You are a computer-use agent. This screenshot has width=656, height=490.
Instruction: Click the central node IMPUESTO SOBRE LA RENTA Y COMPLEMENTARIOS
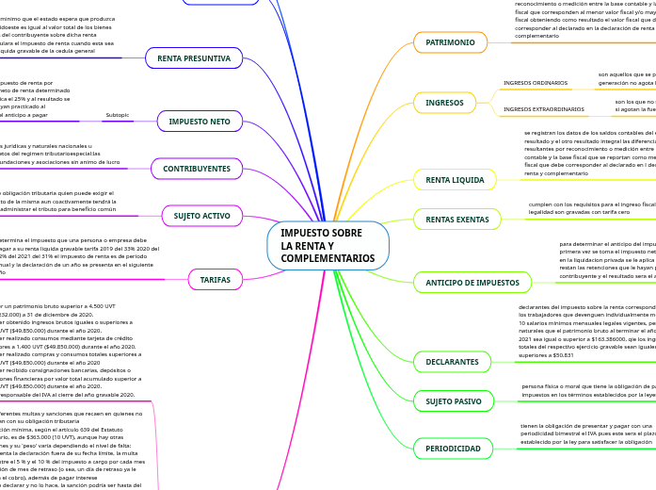click(327, 245)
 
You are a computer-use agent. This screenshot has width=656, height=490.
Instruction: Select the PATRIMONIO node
click(450, 42)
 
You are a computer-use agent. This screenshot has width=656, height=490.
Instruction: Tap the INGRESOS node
click(444, 102)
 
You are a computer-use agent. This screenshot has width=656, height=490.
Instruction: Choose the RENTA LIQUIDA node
click(455, 179)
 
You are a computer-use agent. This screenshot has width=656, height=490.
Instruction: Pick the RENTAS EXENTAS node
click(457, 220)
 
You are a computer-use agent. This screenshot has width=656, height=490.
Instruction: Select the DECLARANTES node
click(453, 361)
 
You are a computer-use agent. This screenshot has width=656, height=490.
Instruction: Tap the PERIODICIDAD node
click(453, 448)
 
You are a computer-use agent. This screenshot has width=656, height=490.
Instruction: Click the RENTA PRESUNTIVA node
click(194, 58)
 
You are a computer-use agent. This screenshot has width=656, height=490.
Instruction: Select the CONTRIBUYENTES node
click(197, 169)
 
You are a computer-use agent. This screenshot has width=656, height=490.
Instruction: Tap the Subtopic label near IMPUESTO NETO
click(118, 115)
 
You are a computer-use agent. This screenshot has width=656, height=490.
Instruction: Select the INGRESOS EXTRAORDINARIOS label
click(544, 110)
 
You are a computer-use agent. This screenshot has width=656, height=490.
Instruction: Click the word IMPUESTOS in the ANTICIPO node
click(494, 282)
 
